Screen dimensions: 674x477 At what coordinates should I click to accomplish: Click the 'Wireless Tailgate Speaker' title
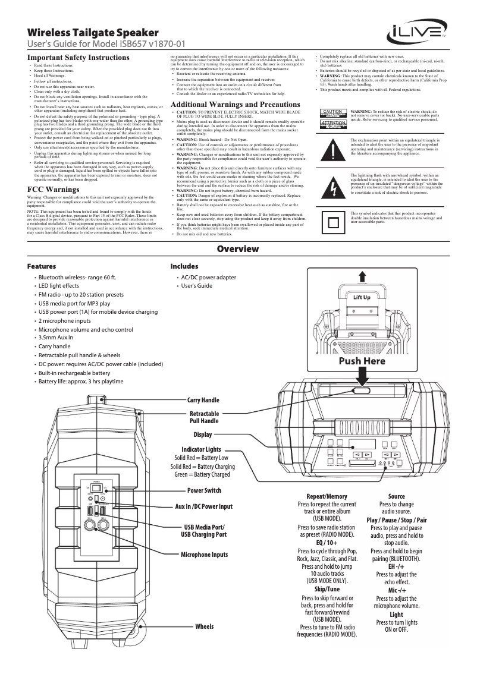(93, 32)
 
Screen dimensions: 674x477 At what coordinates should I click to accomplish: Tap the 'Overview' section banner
(238, 248)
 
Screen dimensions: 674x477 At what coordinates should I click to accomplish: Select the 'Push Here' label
(362, 361)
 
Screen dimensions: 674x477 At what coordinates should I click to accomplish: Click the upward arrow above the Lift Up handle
(362, 276)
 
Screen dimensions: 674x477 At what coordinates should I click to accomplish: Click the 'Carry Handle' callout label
(203, 401)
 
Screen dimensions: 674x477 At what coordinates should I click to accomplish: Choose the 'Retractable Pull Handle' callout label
(204, 417)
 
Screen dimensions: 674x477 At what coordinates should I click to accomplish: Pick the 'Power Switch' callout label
(204, 490)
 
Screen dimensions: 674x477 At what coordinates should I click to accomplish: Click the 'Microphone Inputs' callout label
(204, 555)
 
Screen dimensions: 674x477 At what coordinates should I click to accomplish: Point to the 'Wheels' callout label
(204, 626)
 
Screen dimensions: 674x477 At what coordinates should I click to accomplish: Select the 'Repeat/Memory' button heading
(327, 496)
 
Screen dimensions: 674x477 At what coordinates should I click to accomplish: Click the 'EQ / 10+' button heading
(327, 543)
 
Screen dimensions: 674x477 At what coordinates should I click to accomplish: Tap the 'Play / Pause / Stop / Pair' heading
(397, 520)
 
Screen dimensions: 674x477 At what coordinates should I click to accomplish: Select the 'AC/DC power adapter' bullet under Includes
(208, 278)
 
